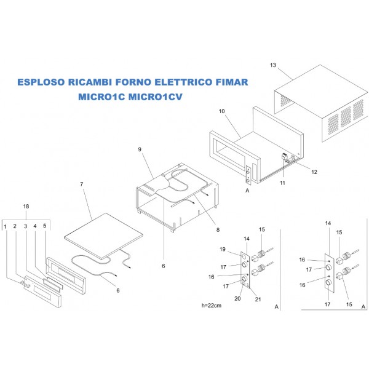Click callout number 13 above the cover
pyautogui.click(x=274, y=65)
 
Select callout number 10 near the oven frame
pyautogui.click(x=222, y=111)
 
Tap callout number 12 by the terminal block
pyautogui.click(x=314, y=172)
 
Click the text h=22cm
pyautogui.click(x=211, y=305)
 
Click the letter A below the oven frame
pyautogui.click(x=247, y=191)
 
